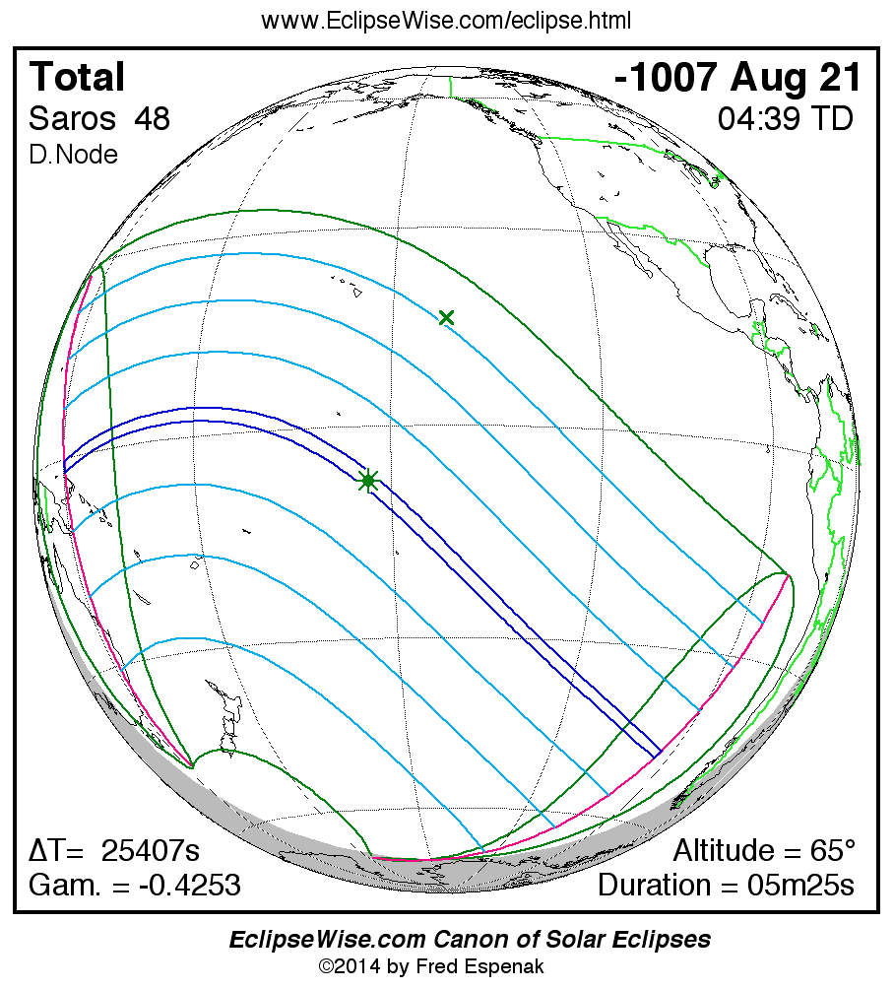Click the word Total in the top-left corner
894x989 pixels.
78,77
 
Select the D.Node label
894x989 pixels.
74,155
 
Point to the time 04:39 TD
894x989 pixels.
785,118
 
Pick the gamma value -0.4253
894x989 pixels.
189,885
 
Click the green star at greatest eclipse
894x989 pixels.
368,481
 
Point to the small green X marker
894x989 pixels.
446,317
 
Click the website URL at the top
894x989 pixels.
446,21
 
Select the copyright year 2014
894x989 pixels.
358,966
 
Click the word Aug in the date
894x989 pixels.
769,77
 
